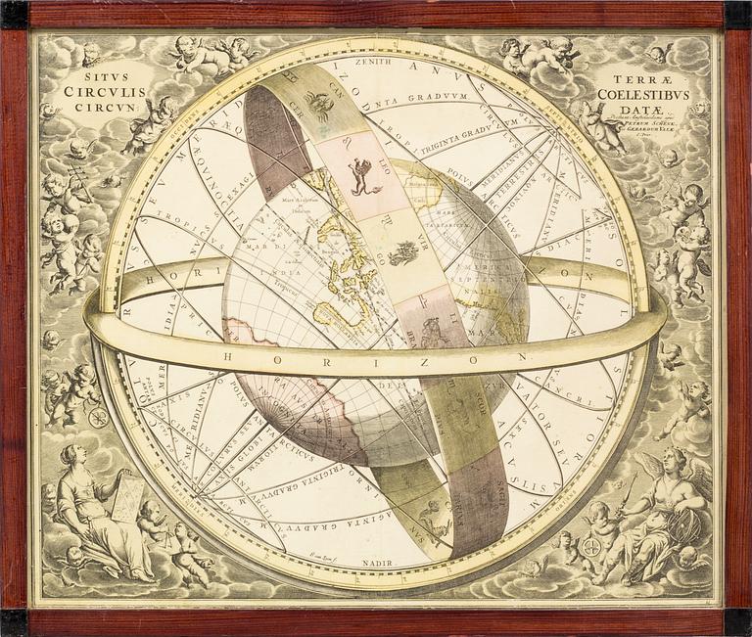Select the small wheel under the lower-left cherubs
tap(98, 418)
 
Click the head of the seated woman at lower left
tap(70, 455)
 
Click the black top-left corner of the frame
tap(14, 14)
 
